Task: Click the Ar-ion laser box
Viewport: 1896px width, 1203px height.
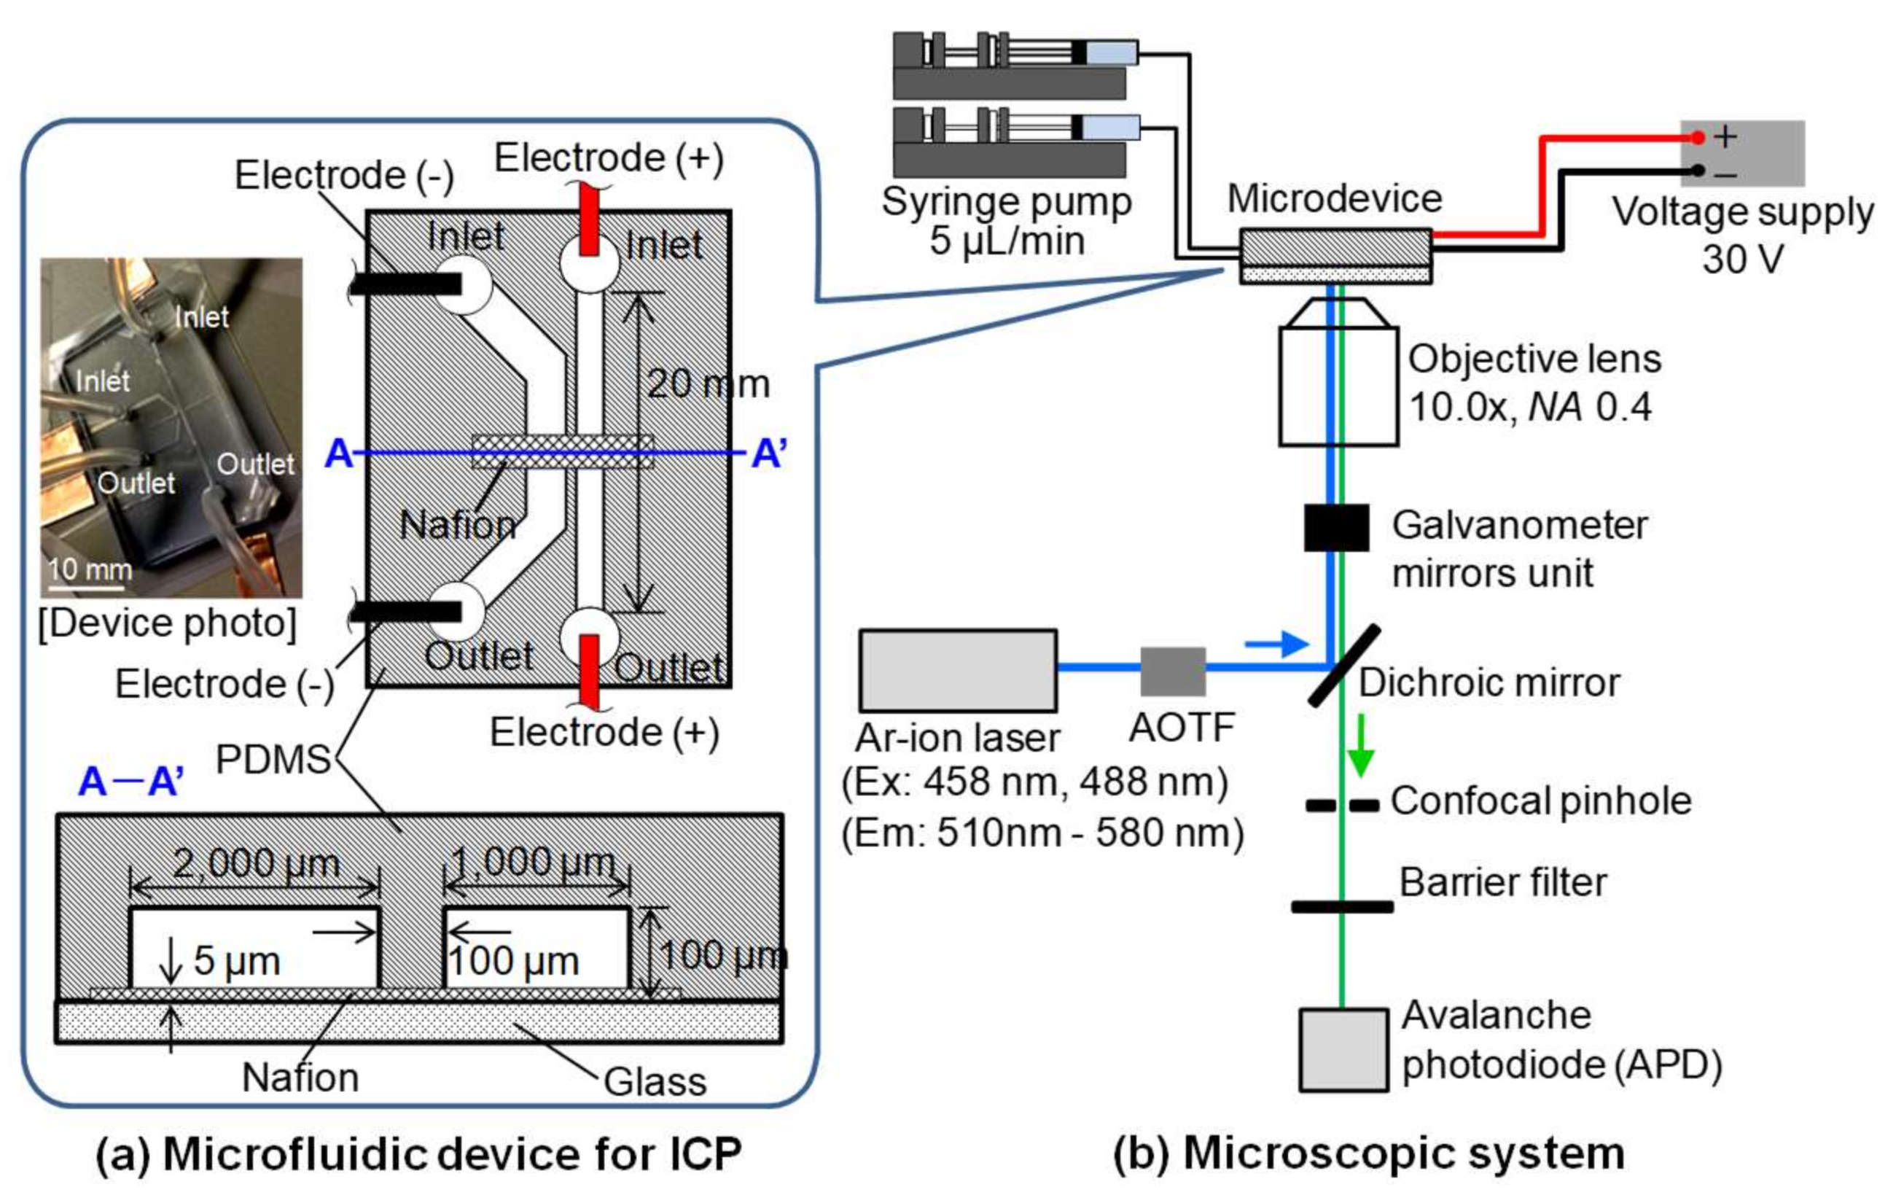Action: (x=957, y=670)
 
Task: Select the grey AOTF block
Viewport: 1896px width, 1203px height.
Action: (x=1172, y=671)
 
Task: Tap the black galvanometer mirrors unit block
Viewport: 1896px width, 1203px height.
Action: (x=1336, y=527)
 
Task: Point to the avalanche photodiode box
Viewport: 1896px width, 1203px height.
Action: (x=1343, y=1049)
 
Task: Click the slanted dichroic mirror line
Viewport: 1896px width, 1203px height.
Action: (x=1344, y=665)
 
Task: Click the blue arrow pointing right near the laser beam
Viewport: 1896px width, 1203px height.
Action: (x=1276, y=644)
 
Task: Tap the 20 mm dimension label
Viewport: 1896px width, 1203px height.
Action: (x=708, y=385)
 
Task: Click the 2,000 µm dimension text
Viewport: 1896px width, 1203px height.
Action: (x=256, y=864)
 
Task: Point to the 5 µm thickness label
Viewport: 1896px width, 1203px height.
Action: (x=236, y=960)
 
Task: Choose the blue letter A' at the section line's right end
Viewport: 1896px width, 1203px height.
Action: (x=768, y=454)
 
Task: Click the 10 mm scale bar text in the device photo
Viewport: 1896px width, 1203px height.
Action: (x=90, y=569)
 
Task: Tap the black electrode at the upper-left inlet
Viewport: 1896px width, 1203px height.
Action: (x=405, y=284)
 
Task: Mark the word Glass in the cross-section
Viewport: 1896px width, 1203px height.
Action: (x=655, y=1082)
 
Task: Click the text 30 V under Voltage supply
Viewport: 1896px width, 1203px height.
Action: (x=1741, y=259)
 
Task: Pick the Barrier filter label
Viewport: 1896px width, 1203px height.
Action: (x=1502, y=883)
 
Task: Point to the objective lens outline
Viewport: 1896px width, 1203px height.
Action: (x=1338, y=374)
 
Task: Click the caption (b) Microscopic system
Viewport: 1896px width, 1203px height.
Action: (x=1368, y=1153)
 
